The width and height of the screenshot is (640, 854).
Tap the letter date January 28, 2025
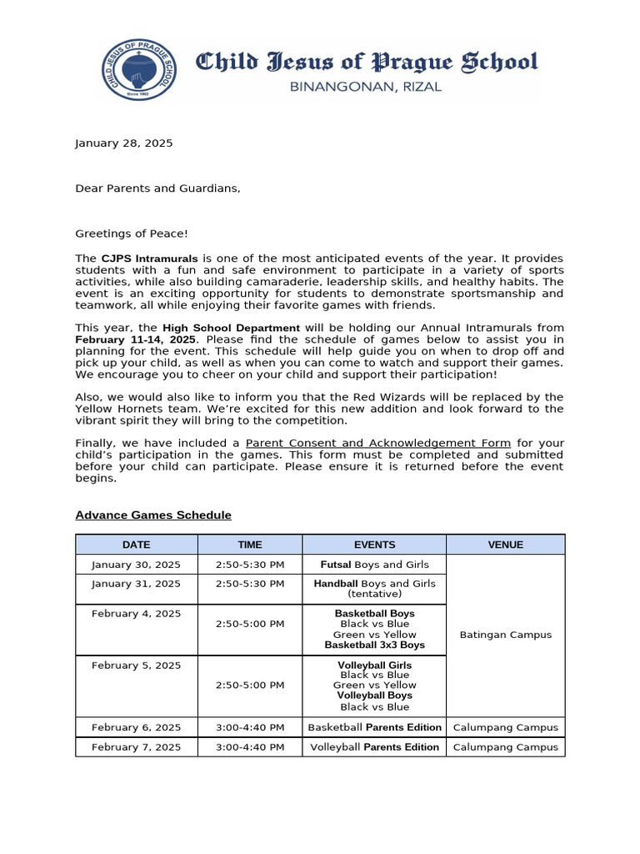click(x=124, y=143)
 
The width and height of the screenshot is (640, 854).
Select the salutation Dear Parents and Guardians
click(x=157, y=188)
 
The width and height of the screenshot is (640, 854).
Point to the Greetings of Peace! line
click(x=132, y=234)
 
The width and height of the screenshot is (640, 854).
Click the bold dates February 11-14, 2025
click(x=136, y=339)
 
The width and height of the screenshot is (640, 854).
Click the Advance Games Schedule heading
click(x=153, y=515)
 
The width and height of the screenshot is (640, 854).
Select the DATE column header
click(x=136, y=545)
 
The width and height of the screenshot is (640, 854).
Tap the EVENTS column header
click(x=374, y=545)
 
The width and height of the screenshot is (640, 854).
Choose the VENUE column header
click(x=505, y=545)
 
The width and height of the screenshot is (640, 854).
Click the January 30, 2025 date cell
click(x=136, y=565)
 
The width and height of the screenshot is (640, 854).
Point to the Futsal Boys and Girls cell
click(x=374, y=565)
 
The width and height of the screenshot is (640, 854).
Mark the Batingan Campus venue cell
click(x=505, y=635)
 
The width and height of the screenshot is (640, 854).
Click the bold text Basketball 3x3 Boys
click(x=374, y=645)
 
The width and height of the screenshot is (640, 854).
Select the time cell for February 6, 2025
click(x=250, y=727)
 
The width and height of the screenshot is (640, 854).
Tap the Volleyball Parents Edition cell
click(x=374, y=747)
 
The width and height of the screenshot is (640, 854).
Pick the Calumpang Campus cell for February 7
click(x=505, y=747)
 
